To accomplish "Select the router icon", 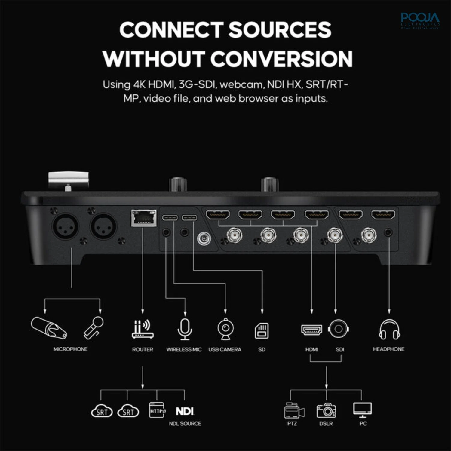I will tap(143, 329).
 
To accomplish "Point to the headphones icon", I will tap(389, 330).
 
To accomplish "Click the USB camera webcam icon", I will tap(225, 329).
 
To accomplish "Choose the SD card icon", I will tap(262, 330).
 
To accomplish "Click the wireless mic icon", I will tap(185, 329).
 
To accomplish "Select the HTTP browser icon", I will tap(157, 410).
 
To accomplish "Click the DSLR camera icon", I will tap(326, 411).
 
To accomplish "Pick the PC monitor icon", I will tap(362, 410).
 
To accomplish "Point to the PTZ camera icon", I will tap(294, 411).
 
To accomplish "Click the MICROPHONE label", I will tap(70, 349).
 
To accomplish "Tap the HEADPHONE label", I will tap(388, 349).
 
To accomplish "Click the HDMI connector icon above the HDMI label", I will tap(311, 330).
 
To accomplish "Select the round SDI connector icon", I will tap(338, 329).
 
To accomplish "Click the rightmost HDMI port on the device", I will tap(383, 215).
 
